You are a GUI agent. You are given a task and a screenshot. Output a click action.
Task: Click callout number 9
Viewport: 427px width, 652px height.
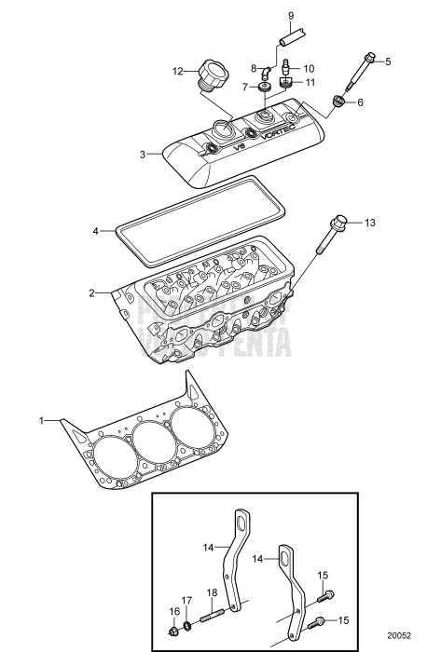(x=290, y=16)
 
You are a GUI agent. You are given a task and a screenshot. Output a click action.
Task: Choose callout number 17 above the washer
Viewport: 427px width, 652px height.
(x=186, y=600)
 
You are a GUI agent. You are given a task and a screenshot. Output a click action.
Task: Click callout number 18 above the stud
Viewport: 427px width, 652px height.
(x=211, y=592)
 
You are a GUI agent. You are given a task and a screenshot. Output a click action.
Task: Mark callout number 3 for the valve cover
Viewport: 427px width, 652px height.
(x=142, y=154)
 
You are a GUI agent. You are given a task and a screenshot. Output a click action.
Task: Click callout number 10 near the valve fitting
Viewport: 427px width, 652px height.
(x=309, y=68)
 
